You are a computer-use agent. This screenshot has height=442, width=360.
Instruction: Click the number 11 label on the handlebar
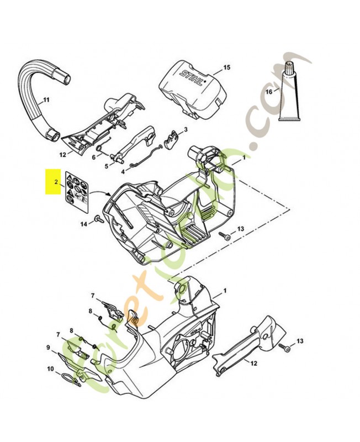tap(46, 100)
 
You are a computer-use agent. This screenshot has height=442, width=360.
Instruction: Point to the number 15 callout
tap(226, 68)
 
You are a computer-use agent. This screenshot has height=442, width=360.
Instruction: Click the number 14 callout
tap(84, 224)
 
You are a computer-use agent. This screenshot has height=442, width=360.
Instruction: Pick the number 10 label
tap(50, 369)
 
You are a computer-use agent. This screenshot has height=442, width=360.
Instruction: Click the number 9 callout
tap(49, 348)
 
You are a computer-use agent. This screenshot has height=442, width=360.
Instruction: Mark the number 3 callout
tap(186, 129)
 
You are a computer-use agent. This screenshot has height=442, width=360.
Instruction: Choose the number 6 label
tap(93, 157)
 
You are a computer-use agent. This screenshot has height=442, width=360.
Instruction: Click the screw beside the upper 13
tap(225, 235)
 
